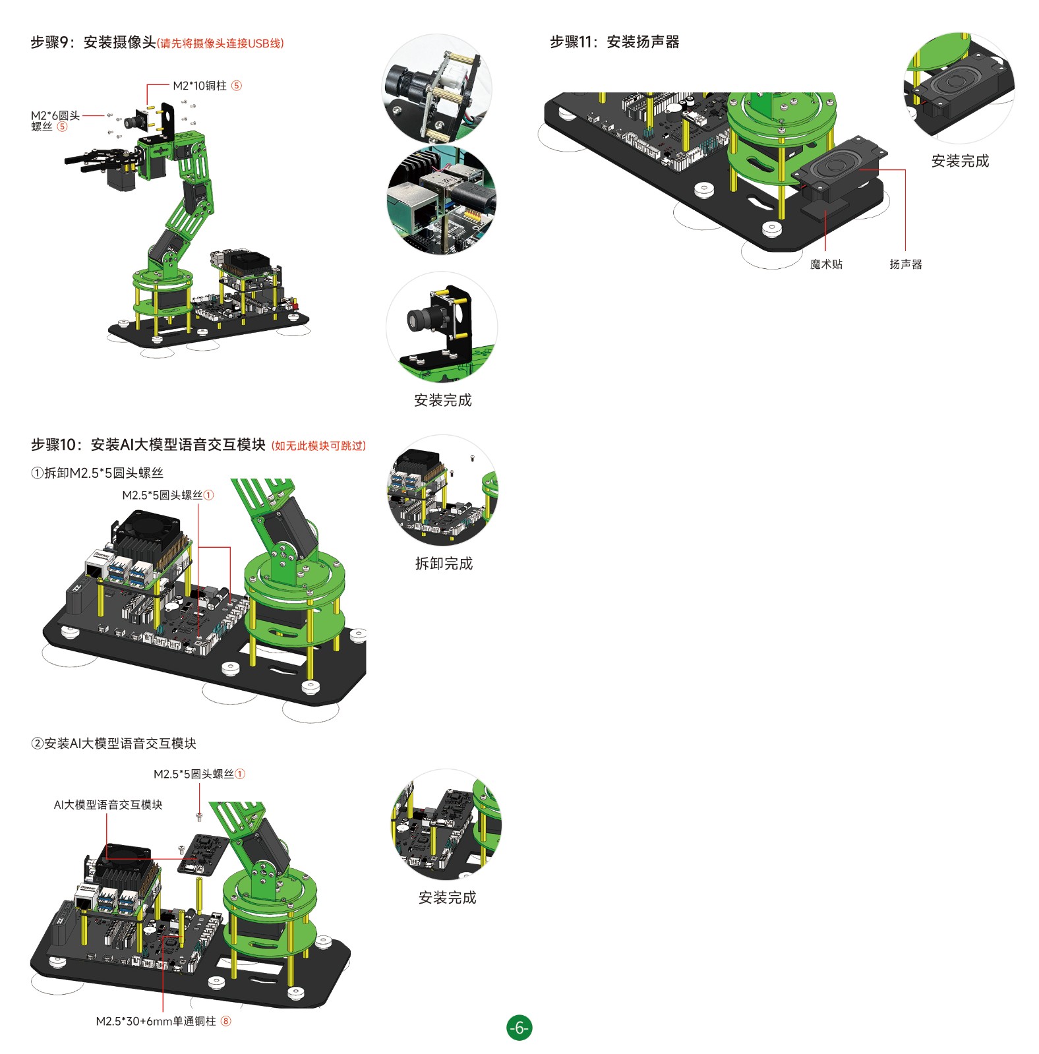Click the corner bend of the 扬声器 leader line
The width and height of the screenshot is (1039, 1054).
(x=905, y=170)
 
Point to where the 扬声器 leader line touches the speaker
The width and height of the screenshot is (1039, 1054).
(x=860, y=170)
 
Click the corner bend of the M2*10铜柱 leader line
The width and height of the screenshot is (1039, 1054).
(x=148, y=85)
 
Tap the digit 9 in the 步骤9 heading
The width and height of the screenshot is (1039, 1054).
(x=65, y=43)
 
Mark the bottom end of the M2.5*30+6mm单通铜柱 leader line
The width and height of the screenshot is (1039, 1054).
(x=162, y=1011)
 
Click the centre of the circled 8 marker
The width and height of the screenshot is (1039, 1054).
(x=226, y=1021)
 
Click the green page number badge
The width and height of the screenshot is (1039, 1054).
(x=519, y=1027)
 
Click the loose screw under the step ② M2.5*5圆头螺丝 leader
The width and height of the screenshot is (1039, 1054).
(x=199, y=818)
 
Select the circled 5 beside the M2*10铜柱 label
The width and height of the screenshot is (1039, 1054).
(x=237, y=86)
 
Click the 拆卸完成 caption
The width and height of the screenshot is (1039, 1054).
(x=444, y=564)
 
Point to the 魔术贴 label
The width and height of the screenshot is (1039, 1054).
(x=826, y=264)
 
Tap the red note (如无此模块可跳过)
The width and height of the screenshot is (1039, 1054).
(x=318, y=446)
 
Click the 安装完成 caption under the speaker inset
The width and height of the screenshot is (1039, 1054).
(x=960, y=161)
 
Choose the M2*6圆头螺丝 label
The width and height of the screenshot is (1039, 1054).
(x=55, y=121)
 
